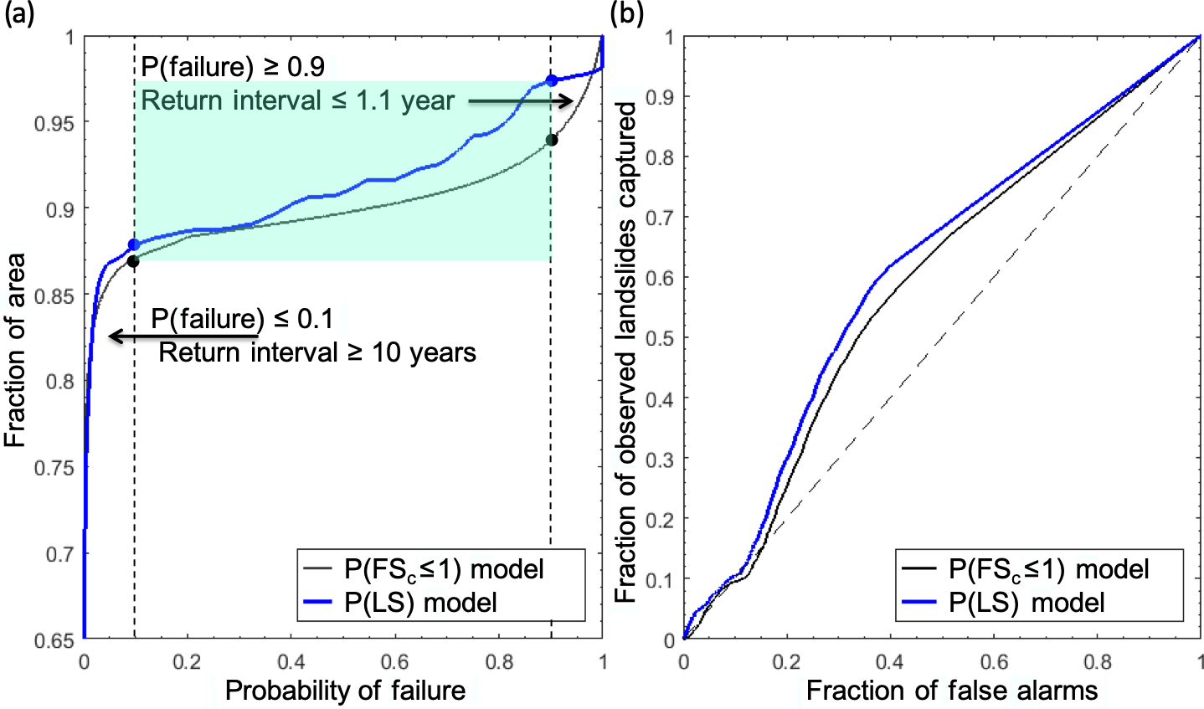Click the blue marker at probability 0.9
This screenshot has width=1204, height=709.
click(x=551, y=81)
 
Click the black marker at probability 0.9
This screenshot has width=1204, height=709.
click(x=551, y=140)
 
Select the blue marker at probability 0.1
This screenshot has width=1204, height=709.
click(x=133, y=244)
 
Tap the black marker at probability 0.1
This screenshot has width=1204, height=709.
click(x=133, y=262)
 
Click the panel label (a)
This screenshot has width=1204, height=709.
click(x=18, y=14)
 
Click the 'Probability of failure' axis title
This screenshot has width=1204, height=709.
click(x=345, y=691)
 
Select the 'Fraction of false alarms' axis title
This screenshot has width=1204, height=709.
click(x=952, y=691)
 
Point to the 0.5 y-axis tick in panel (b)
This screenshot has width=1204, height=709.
click(x=663, y=338)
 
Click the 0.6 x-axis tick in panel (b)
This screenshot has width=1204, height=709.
click(x=994, y=662)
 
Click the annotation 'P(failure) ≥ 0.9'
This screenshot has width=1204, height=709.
click(x=233, y=66)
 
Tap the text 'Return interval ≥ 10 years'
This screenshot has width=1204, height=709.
click(x=317, y=352)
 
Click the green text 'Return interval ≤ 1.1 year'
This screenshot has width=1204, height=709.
click(x=297, y=101)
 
